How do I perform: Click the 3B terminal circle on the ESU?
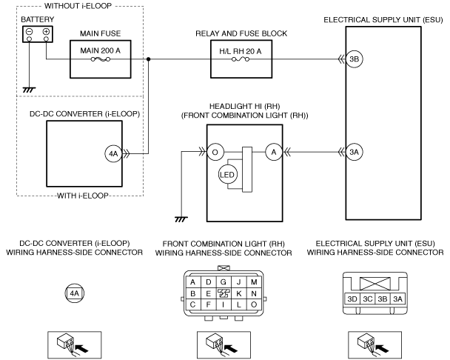pos(354,59)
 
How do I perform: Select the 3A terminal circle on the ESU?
pos(354,152)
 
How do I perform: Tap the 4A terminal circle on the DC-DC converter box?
pos(113,154)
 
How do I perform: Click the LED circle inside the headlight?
pos(228,175)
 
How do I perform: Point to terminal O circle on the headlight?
pos(215,152)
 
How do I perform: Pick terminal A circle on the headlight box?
pos(274,152)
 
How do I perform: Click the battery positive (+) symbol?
pos(46,31)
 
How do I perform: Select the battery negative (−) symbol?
pos(30,31)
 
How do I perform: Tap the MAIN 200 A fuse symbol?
pos(101,59)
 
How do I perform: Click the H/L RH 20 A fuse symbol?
pos(241,59)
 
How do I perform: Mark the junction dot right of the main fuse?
pos(148,59)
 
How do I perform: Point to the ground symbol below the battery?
pos(29,90)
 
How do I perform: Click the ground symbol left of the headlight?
pos(181,219)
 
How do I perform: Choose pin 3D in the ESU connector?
pos(352,299)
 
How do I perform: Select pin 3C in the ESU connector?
pos(367,299)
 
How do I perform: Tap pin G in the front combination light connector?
pos(224,282)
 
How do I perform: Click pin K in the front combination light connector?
pos(239,293)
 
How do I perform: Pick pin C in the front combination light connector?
pos(193,304)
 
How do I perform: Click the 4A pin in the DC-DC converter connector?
pos(74,293)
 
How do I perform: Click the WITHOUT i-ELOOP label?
pos(78,6)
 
